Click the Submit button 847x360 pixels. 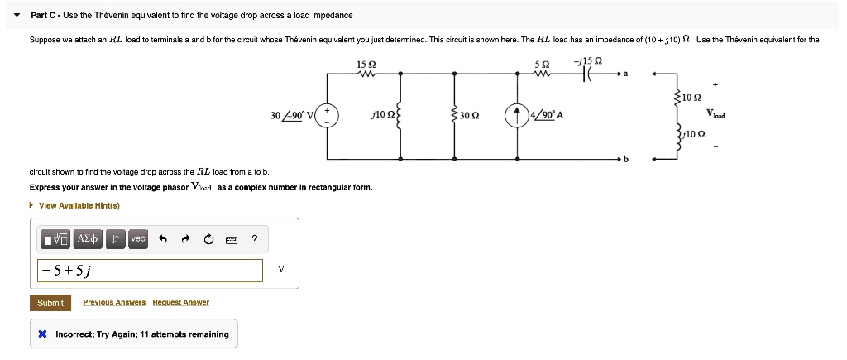pyautogui.click(x=50, y=303)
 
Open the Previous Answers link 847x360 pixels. pyautogui.click(x=114, y=303)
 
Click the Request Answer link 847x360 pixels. pyautogui.click(x=181, y=303)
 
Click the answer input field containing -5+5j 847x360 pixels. pyautogui.click(x=150, y=270)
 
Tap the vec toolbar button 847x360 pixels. pyautogui.click(x=137, y=239)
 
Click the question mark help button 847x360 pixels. pyautogui.click(x=255, y=239)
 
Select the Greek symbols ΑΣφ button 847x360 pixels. pyautogui.click(x=88, y=239)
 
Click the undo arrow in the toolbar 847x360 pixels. pyautogui.click(x=163, y=239)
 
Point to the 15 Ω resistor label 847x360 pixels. pyautogui.click(x=366, y=65)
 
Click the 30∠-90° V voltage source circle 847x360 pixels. pyautogui.click(x=327, y=115)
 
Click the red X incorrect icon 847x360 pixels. pyautogui.click(x=42, y=334)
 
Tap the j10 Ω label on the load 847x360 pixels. pyautogui.click(x=693, y=133)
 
